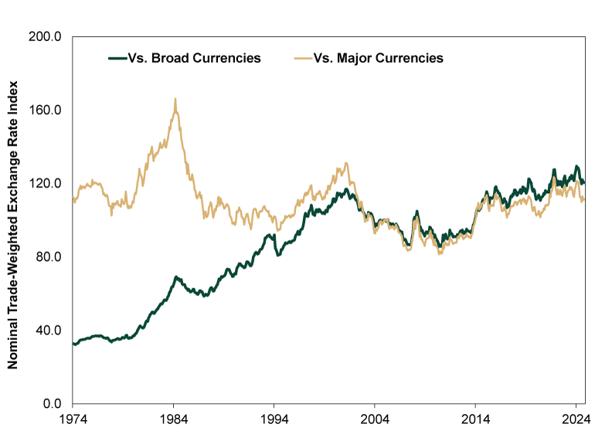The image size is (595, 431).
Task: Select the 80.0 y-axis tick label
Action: [49, 257]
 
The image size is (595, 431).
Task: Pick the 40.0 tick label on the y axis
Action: [49, 331]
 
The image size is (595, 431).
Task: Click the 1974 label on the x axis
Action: [72, 419]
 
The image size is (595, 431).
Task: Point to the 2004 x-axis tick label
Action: [374, 419]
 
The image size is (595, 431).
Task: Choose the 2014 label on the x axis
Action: [475, 419]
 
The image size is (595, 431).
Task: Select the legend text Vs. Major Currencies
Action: [379, 58]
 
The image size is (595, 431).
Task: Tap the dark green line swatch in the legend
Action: [117, 58]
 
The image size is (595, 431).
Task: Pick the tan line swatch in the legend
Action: [304, 58]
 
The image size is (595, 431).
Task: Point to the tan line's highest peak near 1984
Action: [175, 100]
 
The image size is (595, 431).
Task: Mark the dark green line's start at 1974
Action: [73, 343]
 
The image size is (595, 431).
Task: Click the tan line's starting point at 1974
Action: [73, 199]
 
